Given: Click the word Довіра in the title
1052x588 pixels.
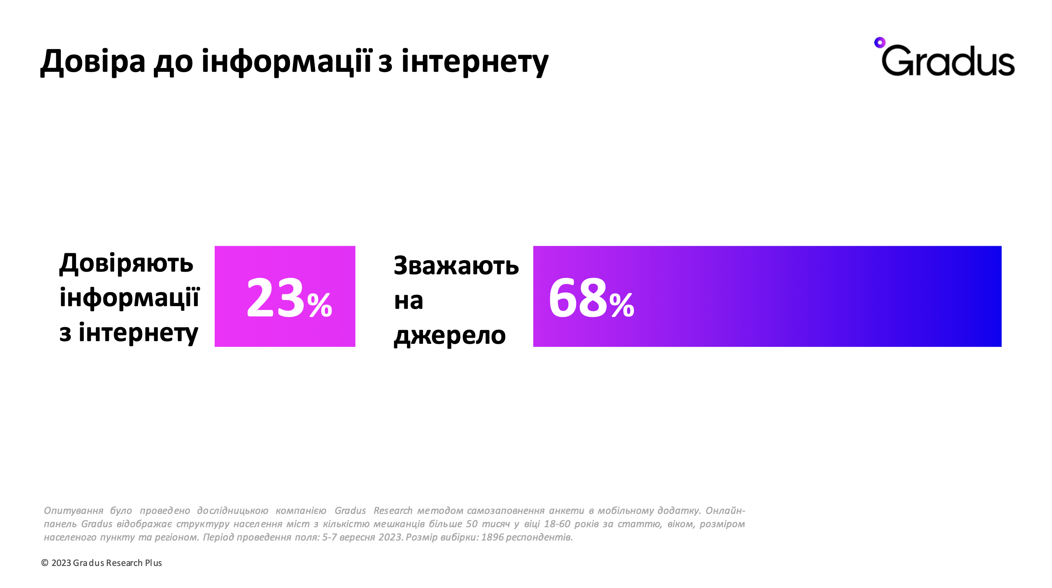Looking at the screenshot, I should point(93,61).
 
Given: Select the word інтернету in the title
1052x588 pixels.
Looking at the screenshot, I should point(475,61).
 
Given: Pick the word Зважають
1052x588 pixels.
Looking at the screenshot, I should point(456,265).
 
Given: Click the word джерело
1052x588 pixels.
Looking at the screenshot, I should point(450,335).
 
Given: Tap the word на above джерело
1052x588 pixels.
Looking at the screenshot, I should point(409,301).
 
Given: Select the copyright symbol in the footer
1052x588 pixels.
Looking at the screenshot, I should point(45,563).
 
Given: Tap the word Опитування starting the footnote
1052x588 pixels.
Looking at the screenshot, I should point(73,511).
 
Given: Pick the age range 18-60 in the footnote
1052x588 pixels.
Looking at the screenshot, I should point(557,524).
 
